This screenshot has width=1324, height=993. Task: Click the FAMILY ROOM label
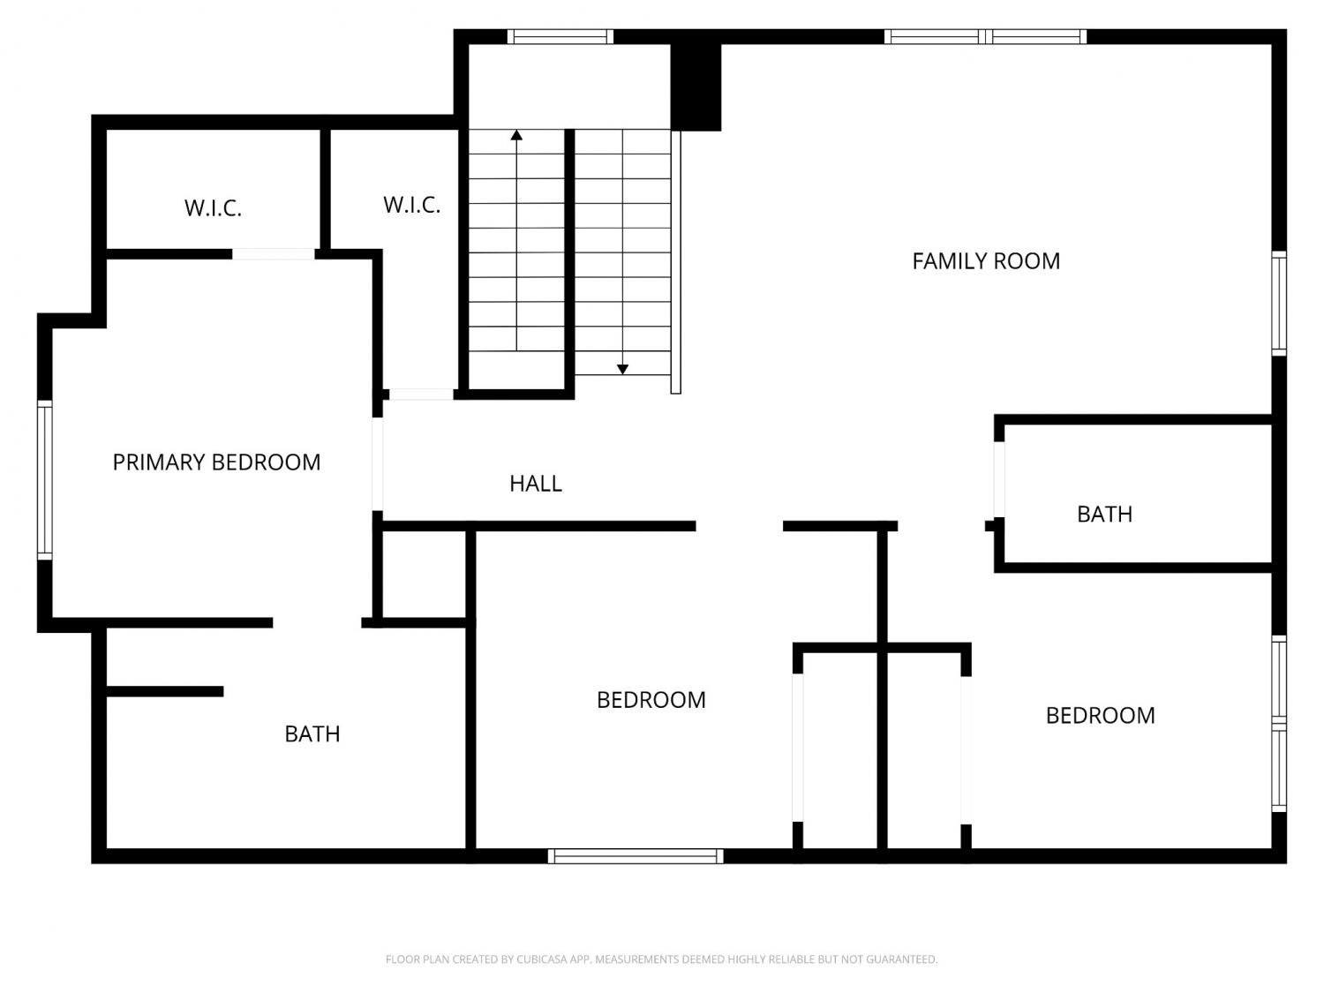[986, 261]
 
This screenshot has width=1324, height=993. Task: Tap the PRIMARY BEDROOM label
[216, 463]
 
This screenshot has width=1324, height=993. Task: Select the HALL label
[536, 484]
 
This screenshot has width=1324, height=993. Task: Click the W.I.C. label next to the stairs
[412, 205]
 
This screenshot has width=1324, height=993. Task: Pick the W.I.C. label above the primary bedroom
[213, 208]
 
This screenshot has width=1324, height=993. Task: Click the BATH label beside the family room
[1104, 515]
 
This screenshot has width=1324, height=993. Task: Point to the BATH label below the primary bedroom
[312, 733]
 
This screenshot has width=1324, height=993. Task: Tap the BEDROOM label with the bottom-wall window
[651, 700]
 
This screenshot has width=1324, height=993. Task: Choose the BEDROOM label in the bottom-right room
[1100, 716]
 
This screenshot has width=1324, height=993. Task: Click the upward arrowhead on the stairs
[516, 135]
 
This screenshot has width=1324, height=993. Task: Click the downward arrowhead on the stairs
[622, 369]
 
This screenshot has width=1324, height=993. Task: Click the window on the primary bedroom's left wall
[45, 480]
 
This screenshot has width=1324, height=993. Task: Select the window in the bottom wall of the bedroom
[636, 856]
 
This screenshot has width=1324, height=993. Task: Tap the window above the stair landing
[560, 36]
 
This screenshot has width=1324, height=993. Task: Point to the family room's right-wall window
[1279, 304]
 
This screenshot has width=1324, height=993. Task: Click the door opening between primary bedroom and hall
[377, 464]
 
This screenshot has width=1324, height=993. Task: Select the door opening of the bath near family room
[999, 479]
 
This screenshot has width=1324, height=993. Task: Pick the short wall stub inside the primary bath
[165, 691]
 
